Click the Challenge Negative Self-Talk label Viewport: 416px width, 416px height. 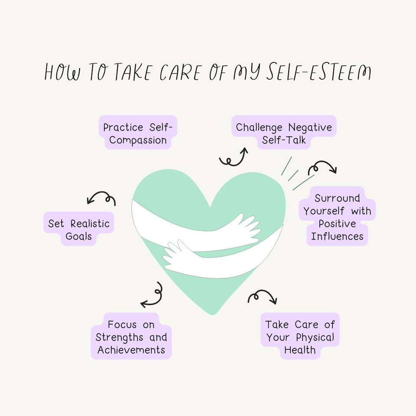(284, 134)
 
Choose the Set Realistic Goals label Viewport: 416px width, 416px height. (79, 230)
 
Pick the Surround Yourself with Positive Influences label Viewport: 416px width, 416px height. (337, 217)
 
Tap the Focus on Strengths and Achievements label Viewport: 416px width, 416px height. (131, 337)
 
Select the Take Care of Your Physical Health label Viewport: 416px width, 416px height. (300, 337)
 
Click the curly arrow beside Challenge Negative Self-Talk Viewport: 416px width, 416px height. (234, 158)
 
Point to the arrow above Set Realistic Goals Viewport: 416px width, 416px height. (101, 198)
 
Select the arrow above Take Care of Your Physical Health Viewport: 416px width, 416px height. (262, 297)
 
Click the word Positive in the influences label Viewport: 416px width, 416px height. (337, 224)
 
